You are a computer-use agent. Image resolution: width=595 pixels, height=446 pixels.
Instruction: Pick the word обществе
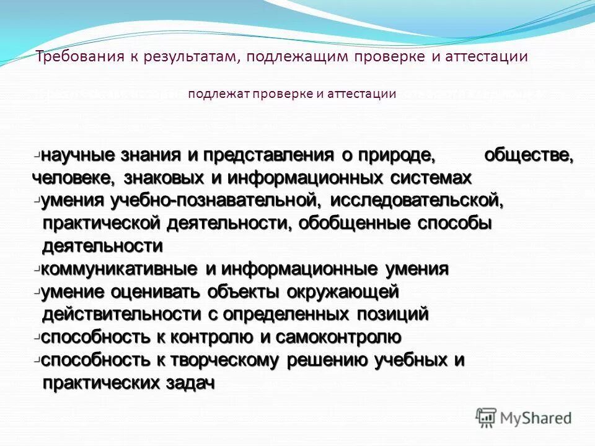coord(528,155)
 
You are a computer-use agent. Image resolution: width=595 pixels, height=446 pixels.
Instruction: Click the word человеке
coord(73,178)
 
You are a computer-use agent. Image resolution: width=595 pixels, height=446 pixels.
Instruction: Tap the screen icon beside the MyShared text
coord(487,418)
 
